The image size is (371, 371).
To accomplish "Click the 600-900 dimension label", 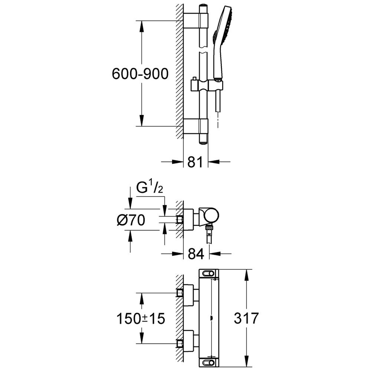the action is tap(140, 73).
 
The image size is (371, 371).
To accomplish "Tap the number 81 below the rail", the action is tap(195, 162).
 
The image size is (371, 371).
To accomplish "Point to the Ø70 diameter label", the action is tap(131, 220).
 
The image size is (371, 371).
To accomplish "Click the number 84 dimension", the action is tap(196, 254).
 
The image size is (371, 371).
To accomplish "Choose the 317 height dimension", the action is tap(246, 318).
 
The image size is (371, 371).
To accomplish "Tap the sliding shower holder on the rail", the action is tap(207, 85).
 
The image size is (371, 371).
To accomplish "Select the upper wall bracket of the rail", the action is tap(196, 21).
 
